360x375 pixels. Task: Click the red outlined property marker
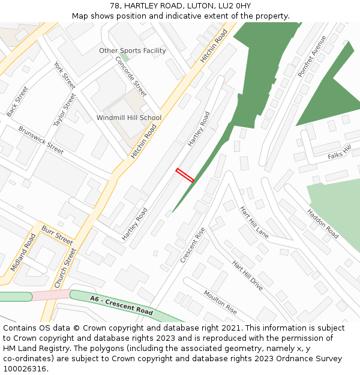tap(185, 175)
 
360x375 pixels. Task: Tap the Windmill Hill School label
tap(129, 118)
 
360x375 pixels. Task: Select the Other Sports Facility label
tap(133, 51)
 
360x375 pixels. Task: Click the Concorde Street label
tap(131, 77)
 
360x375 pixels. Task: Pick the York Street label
tap(64, 76)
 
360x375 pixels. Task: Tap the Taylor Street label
tap(64, 110)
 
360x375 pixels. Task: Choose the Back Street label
tap(17, 101)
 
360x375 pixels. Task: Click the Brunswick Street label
tap(41, 140)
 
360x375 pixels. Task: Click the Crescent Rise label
tap(193, 245)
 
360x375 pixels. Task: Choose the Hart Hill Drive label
tap(247, 275)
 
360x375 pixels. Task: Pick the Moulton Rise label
tap(220, 302)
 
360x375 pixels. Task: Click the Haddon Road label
tap(323, 224)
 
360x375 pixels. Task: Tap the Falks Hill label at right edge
tap(339, 154)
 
